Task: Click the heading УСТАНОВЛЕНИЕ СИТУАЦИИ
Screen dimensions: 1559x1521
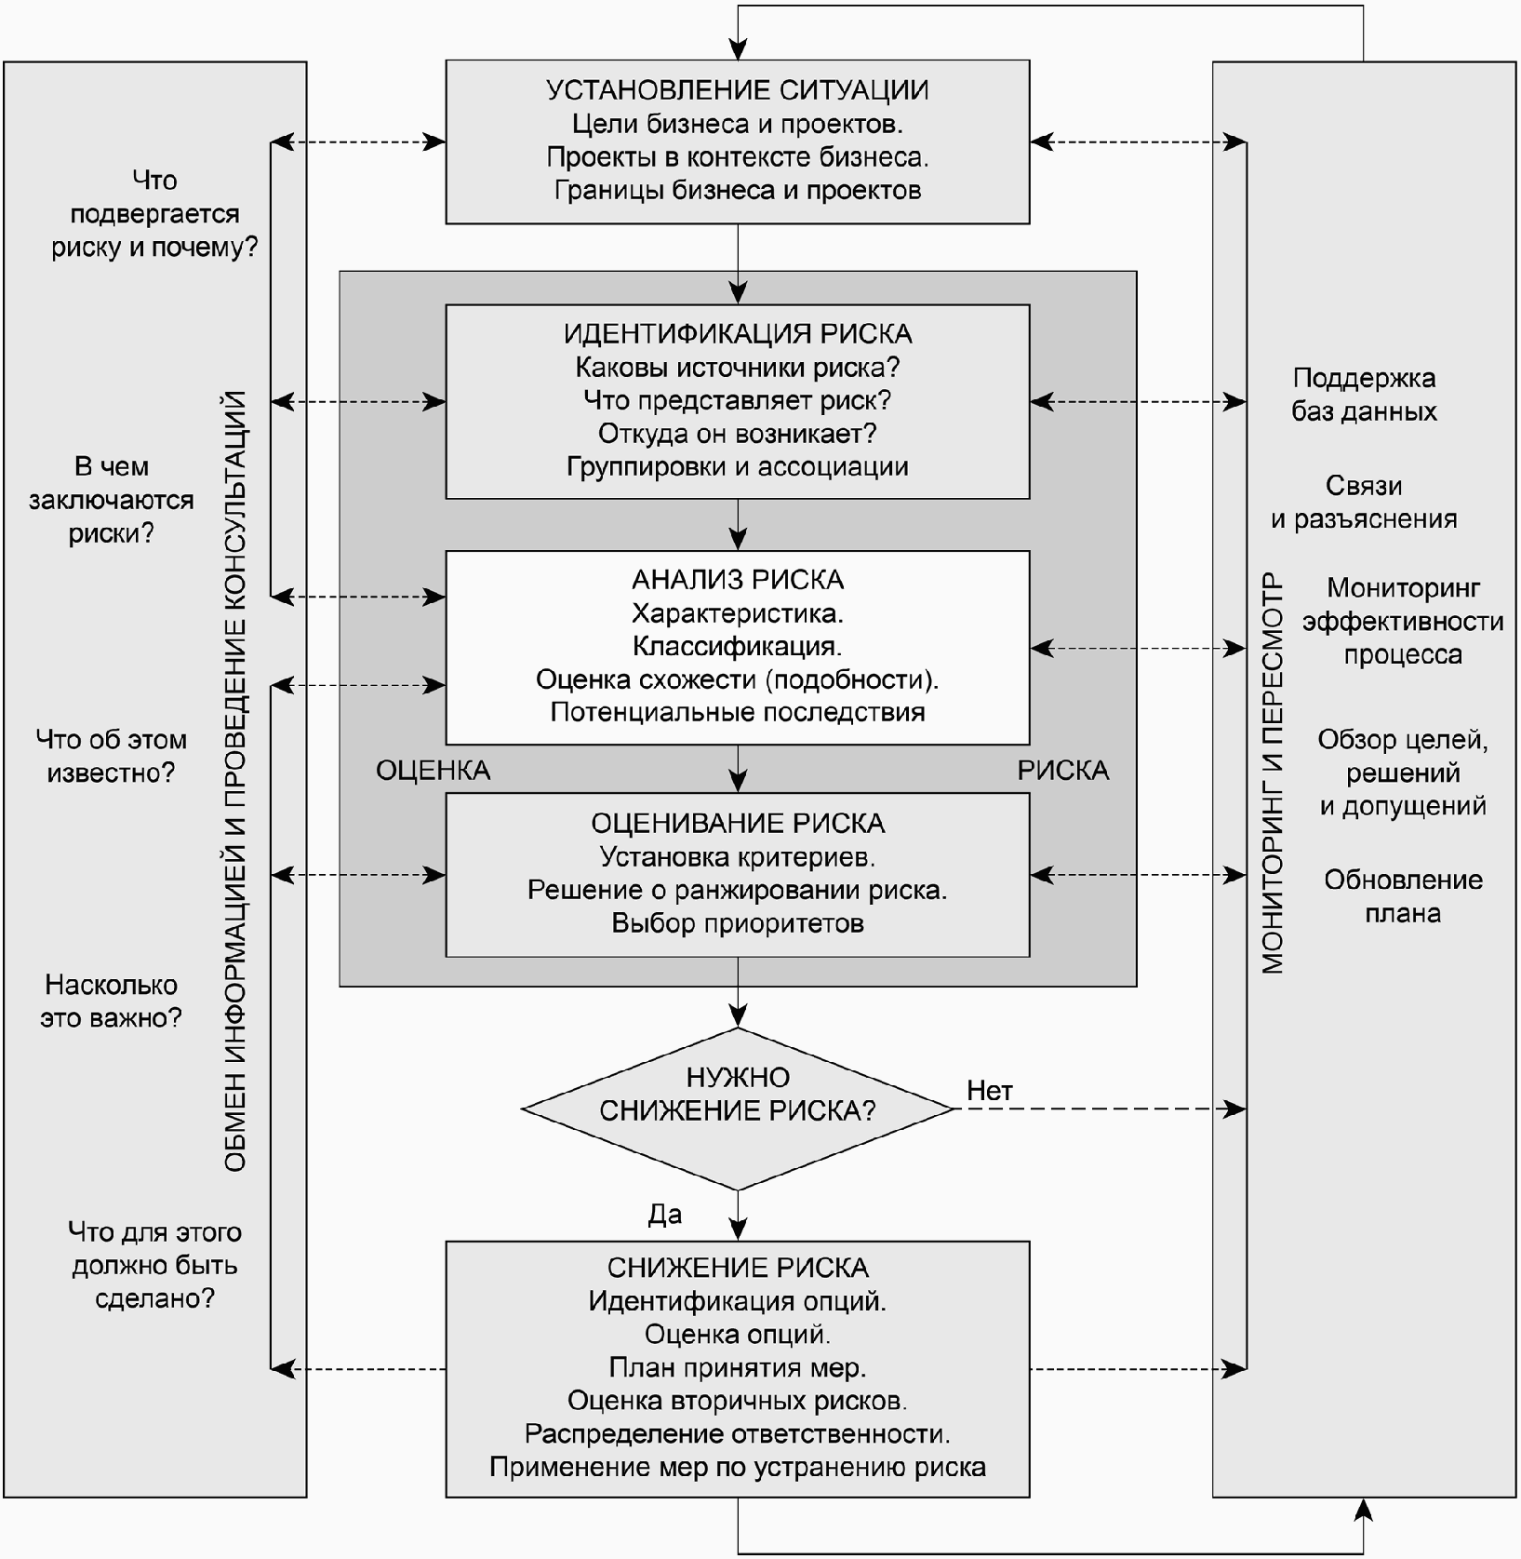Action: (x=737, y=90)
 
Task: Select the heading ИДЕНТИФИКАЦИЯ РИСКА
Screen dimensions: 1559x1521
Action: (x=737, y=334)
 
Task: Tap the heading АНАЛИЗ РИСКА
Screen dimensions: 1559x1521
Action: (x=737, y=580)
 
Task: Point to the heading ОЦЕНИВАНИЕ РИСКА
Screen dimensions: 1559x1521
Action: (x=737, y=824)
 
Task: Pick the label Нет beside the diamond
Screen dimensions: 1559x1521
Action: (x=989, y=1091)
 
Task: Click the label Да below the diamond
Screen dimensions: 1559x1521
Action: (x=664, y=1215)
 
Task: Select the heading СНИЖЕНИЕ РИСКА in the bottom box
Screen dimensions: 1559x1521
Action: (x=737, y=1268)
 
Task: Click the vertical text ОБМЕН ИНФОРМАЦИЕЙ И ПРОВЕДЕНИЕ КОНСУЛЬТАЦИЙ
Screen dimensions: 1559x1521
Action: (x=235, y=782)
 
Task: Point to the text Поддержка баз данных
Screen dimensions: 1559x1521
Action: (x=1364, y=395)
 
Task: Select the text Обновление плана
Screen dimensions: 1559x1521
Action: (x=1403, y=896)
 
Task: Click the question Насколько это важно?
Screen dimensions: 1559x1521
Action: (x=111, y=1001)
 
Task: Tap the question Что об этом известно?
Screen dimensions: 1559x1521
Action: (x=111, y=757)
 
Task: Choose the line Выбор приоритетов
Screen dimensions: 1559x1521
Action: (x=737, y=923)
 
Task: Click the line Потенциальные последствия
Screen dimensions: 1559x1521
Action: (x=737, y=713)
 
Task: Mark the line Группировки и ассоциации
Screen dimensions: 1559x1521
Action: (x=737, y=467)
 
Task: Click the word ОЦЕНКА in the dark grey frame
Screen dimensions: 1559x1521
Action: (x=433, y=771)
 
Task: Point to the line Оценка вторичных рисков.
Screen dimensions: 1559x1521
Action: (x=737, y=1401)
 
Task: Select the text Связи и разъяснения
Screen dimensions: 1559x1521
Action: (x=1364, y=503)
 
